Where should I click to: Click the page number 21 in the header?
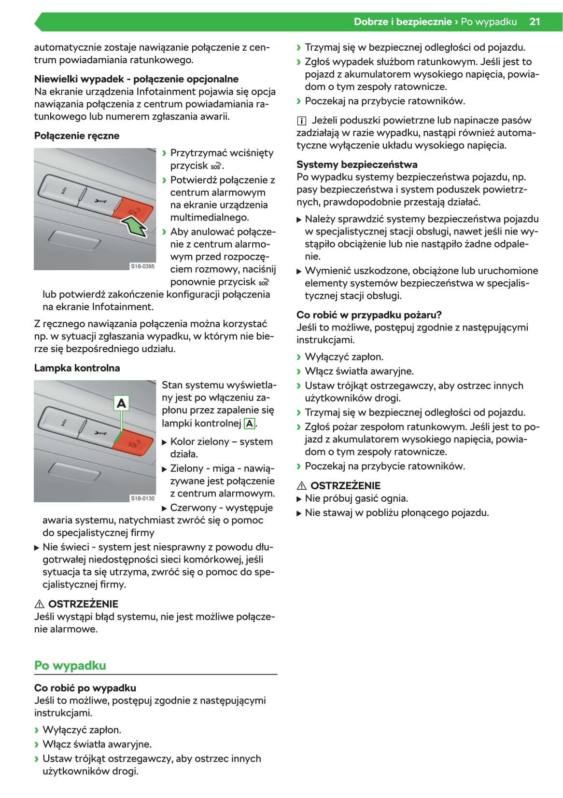[x=535, y=22]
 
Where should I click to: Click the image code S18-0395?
[x=143, y=266]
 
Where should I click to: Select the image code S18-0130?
[x=143, y=498]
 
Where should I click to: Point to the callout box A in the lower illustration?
[x=121, y=403]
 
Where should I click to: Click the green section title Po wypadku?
[x=70, y=665]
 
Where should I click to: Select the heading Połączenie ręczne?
[x=77, y=136]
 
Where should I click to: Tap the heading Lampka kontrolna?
[x=77, y=368]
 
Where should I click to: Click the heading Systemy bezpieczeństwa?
[x=357, y=164]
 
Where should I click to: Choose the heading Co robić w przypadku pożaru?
[x=369, y=315]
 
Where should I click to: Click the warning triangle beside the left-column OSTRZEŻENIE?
[x=40, y=604]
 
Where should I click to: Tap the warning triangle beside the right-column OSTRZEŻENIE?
[x=302, y=486]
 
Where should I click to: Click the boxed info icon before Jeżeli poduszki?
[x=301, y=121]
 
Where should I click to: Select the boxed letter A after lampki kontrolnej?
[x=250, y=424]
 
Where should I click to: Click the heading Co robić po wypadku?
[x=85, y=688]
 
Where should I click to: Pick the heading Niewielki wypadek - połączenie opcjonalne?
[x=136, y=79]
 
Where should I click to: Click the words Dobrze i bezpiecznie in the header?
[x=403, y=22]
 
